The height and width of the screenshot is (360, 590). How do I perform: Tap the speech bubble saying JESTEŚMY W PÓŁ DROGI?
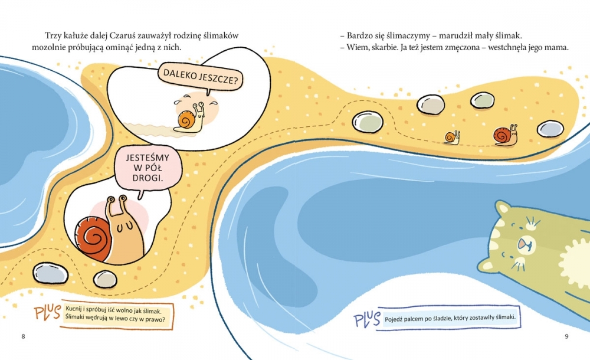(x=147, y=168)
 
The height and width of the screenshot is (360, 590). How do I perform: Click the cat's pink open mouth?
(x=525, y=245)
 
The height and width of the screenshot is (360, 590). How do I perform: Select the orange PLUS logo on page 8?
(x=47, y=312)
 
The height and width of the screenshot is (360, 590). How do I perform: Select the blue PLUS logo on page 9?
(x=367, y=319)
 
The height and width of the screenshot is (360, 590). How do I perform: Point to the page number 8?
(x=24, y=336)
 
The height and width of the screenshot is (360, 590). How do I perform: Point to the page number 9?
(x=566, y=336)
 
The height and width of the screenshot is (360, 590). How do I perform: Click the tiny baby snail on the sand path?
(x=452, y=138)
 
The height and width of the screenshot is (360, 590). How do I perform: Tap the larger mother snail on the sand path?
(x=506, y=136)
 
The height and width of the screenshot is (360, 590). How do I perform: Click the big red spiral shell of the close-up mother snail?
(x=92, y=238)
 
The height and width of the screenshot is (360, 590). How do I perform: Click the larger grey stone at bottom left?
(x=50, y=273)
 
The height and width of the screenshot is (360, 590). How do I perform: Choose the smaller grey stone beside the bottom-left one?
(x=105, y=279)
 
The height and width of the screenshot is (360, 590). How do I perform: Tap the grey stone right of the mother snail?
(x=550, y=129)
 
